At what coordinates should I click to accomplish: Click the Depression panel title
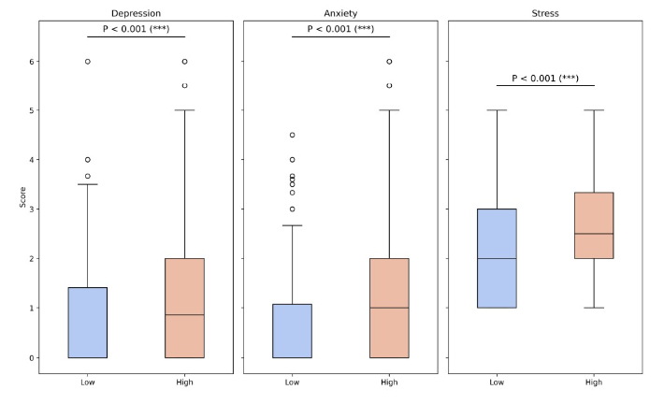[x=136, y=13]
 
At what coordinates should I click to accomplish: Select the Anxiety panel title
[x=340, y=13]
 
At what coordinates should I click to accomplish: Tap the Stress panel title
[x=545, y=13]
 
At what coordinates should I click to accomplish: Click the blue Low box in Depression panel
[x=87, y=323]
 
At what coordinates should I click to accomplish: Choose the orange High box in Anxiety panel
[x=389, y=308]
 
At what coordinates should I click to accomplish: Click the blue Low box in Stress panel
[x=497, y=258]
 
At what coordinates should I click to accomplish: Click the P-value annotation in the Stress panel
[x=545, y=78]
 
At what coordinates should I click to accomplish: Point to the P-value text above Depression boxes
[x=136, y=28]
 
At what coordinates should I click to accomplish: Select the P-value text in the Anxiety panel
[x=340, y=28]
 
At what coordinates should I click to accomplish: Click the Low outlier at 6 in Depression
[x=87, y=62]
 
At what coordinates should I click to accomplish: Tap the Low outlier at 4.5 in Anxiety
[x=292, y=136]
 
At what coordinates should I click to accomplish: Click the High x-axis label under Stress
[x=594, y=382]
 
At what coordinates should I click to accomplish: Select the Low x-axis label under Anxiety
[x=292, y=382]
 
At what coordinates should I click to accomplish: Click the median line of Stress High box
[x=594, y=234]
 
